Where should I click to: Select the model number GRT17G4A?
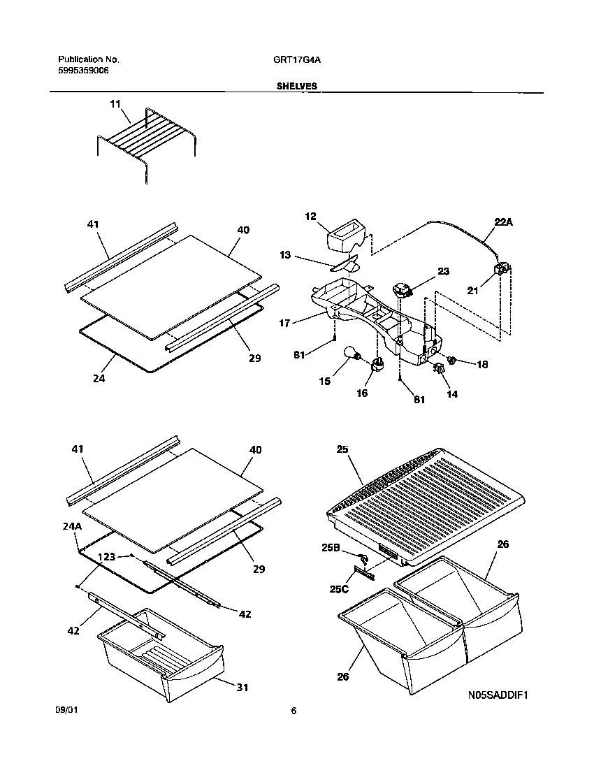point(297,60)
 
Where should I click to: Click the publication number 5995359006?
point(83,71)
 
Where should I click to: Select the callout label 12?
point(311,217)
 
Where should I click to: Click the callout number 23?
point(443,271)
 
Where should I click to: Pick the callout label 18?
point(481,364)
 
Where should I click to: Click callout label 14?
point(452,394)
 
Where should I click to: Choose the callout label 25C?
point(339,589)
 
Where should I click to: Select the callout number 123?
point(107,557)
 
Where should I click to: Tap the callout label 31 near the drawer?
point(242,687)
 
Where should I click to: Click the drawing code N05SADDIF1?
point(497,695)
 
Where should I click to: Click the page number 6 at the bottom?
point(294,711)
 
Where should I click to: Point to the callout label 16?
point(362,393)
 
